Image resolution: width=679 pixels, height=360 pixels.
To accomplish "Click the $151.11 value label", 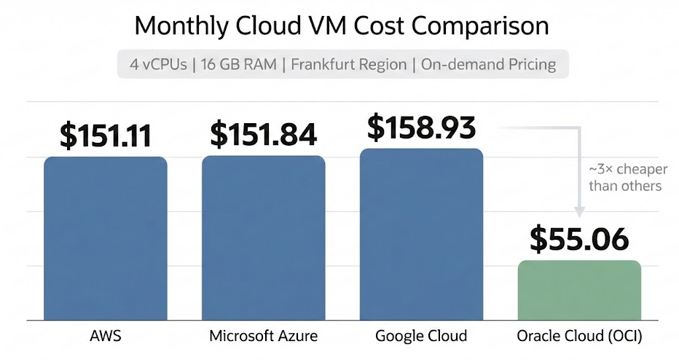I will coord(106,136).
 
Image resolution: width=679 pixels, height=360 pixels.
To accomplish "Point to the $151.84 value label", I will coord(264,134).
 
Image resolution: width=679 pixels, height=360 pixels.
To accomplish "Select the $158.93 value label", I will coord(421,126).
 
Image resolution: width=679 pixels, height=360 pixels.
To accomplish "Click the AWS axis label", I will coord(106,337).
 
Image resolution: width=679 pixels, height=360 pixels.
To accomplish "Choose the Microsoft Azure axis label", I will coord(263,337).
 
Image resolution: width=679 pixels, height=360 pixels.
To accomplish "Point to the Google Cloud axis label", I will coord(421,337).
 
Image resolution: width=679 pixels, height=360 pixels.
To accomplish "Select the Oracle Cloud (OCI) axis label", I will coord(579,337).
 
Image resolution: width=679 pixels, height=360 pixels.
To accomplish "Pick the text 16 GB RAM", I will coord(240,64).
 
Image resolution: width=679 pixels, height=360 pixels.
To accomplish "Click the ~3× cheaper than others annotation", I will coord(626,178).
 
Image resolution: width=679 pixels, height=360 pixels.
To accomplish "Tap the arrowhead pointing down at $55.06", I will coord(579,212).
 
